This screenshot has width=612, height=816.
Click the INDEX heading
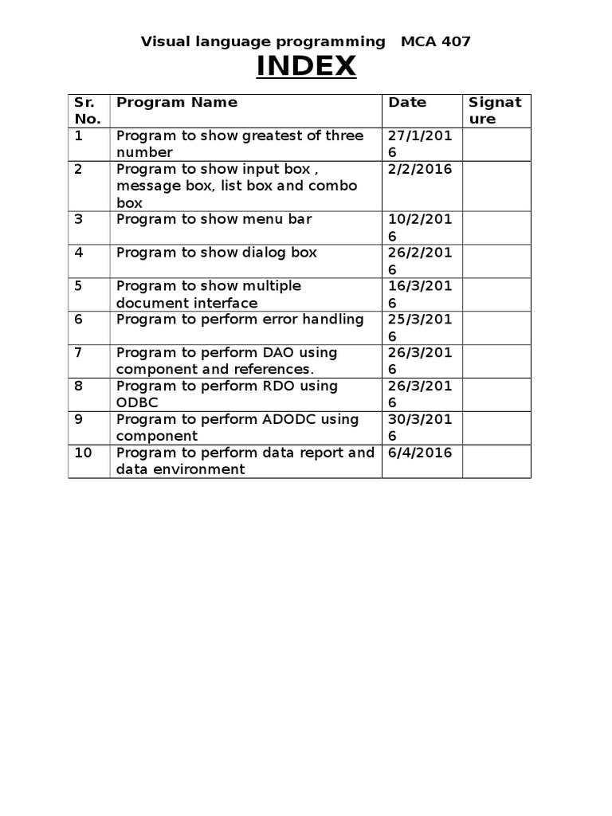click(306, 67)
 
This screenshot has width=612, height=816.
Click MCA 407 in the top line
click(436, 41)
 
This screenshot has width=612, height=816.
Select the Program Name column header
click(177, 102)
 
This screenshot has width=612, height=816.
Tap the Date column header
click(407, 102)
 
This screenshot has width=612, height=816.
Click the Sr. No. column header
click(87, 111)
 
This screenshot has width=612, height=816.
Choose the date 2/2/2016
click(420, 169)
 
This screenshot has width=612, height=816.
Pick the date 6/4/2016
click(420, 453)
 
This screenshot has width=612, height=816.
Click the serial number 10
click(83, 453)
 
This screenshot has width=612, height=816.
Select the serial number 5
click(79, 285)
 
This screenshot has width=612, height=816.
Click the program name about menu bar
click(214, 218)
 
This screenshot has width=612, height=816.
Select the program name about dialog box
click(217, 253)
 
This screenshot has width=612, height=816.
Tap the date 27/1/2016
click(420, 143)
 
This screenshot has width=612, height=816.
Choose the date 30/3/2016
click(420, 427)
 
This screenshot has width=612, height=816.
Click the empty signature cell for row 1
click(496, 144)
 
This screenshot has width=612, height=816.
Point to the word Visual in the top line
click(163, 41)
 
